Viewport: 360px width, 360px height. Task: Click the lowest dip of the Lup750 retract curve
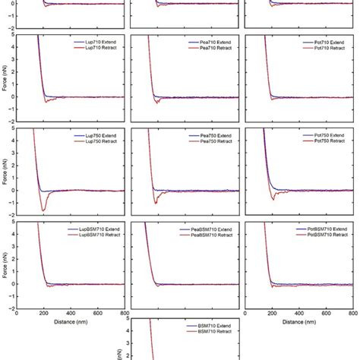(x=43, y=210)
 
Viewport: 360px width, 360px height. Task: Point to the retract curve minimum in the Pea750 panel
(x=156, y=203)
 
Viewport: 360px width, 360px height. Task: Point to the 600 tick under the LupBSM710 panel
(x=97, y=313)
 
